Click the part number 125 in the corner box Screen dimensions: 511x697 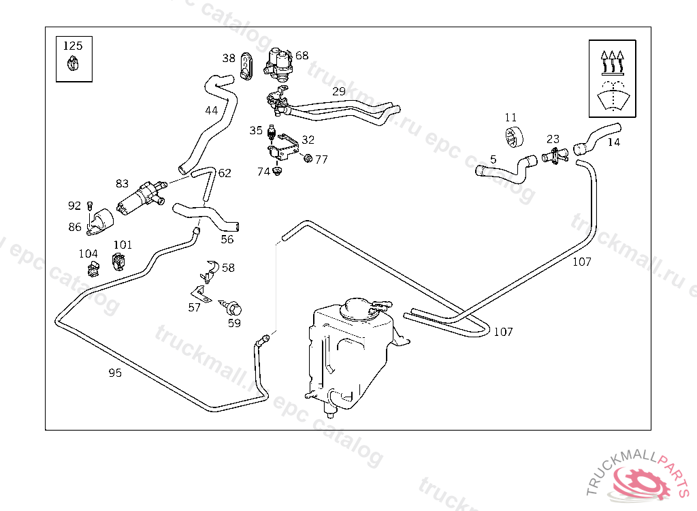[73, 46]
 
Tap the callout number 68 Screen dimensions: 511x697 [302, 56]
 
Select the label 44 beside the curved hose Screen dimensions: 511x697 [212, 110]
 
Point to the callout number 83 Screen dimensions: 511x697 [123, 183]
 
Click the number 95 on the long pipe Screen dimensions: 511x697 [115, 373]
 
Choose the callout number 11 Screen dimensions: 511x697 [511, 118]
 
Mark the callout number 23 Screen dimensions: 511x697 [553, 139]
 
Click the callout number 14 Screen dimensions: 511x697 [614, 142]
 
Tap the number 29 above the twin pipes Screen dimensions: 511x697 [339, 91]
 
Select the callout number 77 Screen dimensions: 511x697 [321, 159]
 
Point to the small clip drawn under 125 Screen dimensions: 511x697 [73, 65]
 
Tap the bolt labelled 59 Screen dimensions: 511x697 [235, 308]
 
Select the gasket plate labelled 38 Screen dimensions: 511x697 [247, 65]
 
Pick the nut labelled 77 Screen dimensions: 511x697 [307, 159]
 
